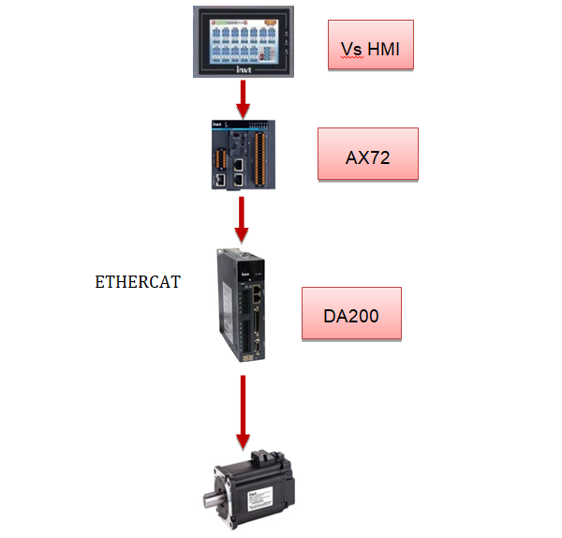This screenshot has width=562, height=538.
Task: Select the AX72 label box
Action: [x=367, y=155]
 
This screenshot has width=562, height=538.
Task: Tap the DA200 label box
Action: [x=351, y=314]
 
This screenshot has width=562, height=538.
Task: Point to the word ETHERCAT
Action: [x=138, y=280]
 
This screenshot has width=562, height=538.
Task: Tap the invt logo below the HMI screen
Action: [x=244, y=68]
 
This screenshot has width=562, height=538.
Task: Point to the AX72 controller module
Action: [x=244, y=155]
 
